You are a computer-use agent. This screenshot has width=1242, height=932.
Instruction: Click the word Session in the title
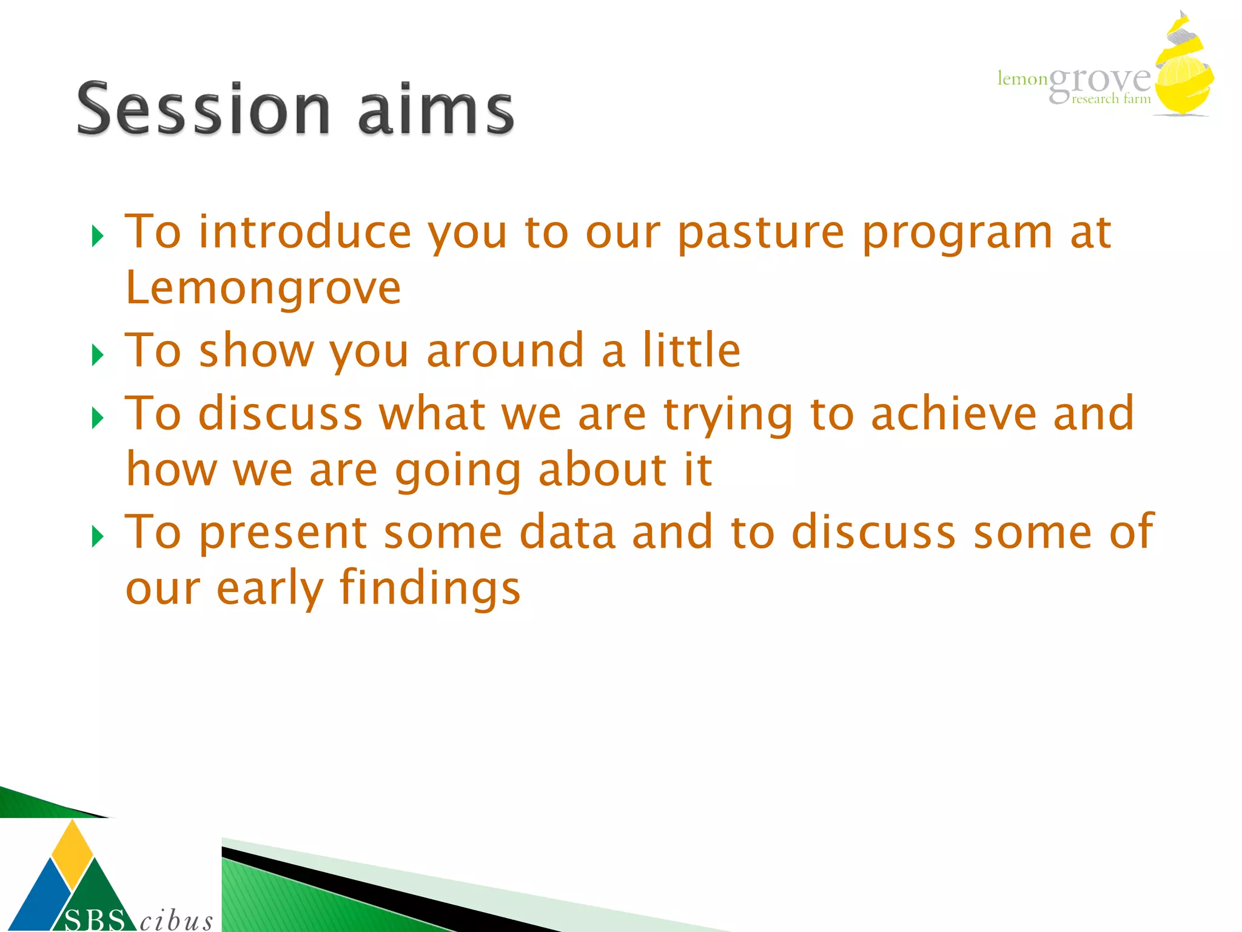pos(203,109)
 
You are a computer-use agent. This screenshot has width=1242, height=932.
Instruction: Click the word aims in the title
pos(435,109)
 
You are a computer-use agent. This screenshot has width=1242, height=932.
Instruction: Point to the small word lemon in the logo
pos(1022,79)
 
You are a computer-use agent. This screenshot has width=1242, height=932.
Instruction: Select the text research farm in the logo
pos(1111,99)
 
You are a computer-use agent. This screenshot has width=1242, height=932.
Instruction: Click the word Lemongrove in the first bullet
pos(263,288)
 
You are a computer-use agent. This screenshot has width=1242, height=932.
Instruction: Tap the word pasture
pos(760,232)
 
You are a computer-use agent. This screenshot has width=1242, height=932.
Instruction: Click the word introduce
pos(305,232)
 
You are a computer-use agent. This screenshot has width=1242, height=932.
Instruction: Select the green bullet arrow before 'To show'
pos(98,354)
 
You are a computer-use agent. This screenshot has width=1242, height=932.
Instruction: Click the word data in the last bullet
pos(568,532)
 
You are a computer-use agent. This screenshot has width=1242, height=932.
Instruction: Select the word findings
pos(429,589)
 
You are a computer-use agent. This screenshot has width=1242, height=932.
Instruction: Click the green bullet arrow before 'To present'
pos(98,536)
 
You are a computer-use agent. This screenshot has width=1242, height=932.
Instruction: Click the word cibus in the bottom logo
pos(176,920)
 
